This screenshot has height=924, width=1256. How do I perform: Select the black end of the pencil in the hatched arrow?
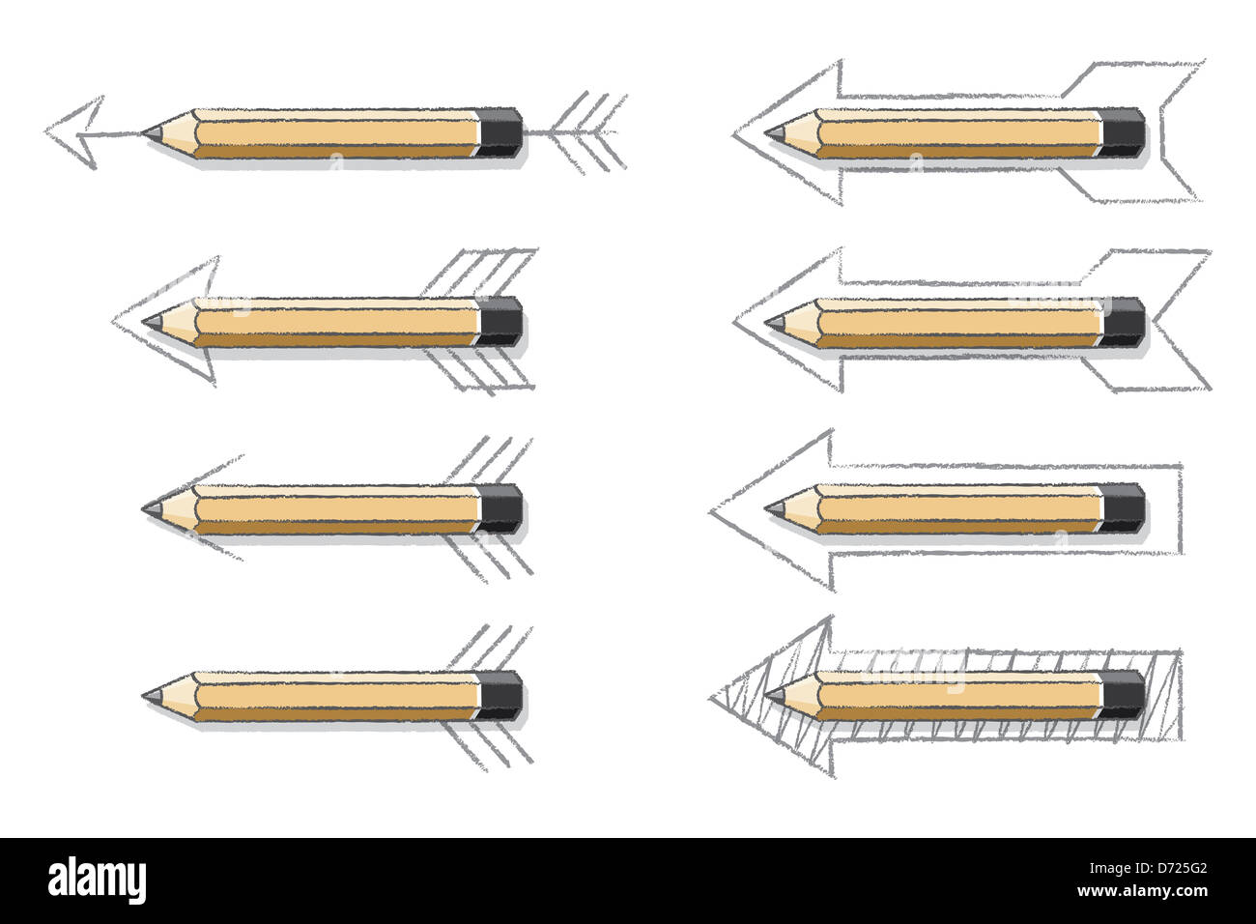(1123, 692)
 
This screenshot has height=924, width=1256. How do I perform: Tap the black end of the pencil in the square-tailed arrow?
(1123, 505)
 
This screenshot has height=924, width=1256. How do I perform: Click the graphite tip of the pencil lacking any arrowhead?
(149, 693)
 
